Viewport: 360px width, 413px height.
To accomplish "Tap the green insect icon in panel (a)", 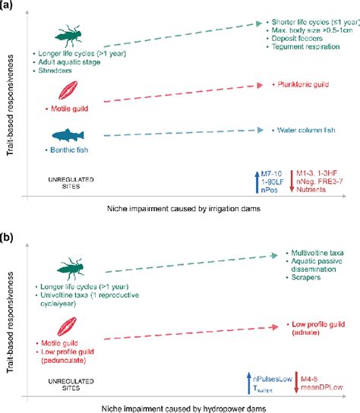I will coord(69,36).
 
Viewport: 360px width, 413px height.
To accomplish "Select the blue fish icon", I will coord(68,135).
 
